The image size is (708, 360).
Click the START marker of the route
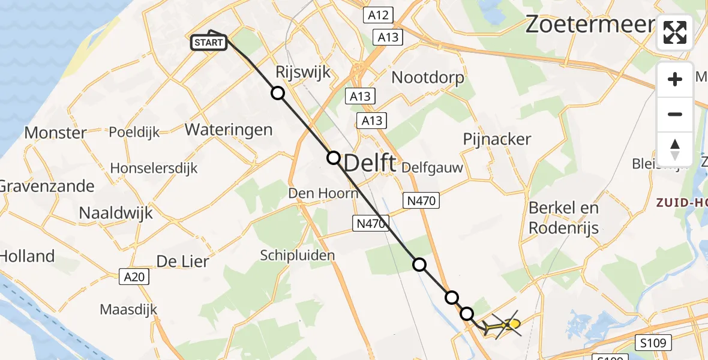click(x=209, y=42)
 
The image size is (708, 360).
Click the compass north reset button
click(x=675, y=149)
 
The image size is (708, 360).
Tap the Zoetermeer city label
click(x=590, y=25)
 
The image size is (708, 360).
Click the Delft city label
click(x=370, y=162)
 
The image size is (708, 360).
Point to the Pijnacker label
click(x=497, y=139)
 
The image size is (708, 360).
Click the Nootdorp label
click(x=427, y=77)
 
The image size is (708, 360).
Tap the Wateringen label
click(x=228, y=129)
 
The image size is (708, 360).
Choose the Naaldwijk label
click(x=116, y=212)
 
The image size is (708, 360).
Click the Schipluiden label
click(x=297, y=256)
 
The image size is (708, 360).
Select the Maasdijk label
click(x=128, y=310)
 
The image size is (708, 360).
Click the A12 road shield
click(x=378, y=16)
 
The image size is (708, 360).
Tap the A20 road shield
click(x=133, y=277)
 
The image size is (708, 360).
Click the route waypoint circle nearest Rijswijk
click(x=277, y=93)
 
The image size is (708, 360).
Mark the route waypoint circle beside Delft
click(x=333, y=158)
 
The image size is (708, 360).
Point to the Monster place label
click(x=55, y=133)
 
